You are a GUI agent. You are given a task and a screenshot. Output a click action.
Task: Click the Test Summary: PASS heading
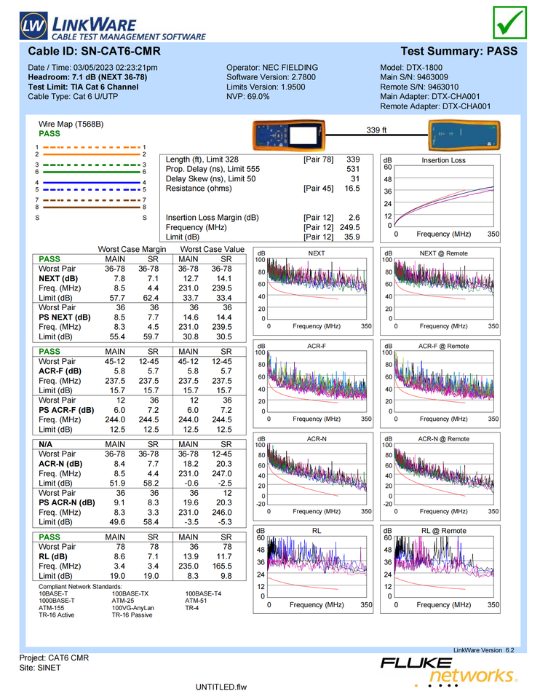click(458, 52)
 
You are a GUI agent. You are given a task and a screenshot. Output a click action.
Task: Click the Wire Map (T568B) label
click(71, 125)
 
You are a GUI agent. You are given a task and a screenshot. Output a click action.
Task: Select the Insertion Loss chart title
click(444, 160)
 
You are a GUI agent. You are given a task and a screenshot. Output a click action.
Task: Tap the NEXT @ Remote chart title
click(444, 253)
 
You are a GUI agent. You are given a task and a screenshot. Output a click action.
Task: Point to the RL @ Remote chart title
click(444, 531)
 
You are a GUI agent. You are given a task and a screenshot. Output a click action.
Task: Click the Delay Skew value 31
click(355, 178)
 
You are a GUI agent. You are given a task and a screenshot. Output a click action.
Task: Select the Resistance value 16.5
click(352, 189)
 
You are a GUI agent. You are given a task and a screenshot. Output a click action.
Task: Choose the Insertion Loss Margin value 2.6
click(354, 218)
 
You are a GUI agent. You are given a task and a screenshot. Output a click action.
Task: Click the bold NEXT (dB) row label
click(58, 278)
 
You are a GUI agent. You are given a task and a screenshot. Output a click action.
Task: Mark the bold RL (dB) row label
click(54, 556)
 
